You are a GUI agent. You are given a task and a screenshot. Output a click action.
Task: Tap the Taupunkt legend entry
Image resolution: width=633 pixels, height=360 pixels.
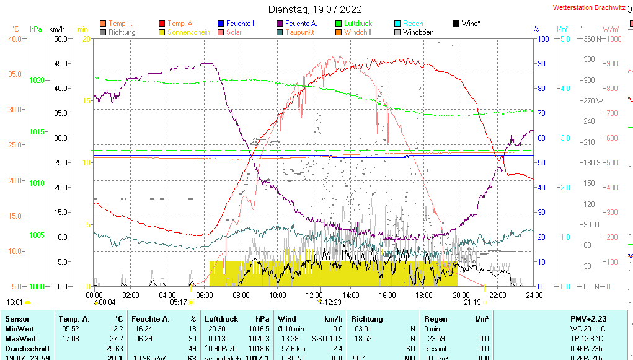pos(299,32)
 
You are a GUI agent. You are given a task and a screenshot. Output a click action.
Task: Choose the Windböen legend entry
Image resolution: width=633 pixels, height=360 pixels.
pos(418,32)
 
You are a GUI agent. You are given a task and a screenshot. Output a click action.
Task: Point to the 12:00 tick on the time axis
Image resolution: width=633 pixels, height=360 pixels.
pos(314,295)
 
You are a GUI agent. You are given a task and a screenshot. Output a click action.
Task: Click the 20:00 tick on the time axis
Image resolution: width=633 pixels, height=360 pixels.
pos(461,295)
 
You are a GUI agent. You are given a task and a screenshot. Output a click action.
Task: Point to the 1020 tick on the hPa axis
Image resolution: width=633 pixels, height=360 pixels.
pos(37,81)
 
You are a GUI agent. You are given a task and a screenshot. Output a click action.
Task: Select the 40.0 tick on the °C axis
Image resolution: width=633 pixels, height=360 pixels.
pos(14,39)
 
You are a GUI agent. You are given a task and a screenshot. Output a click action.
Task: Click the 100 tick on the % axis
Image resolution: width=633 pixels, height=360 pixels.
pos(542,39)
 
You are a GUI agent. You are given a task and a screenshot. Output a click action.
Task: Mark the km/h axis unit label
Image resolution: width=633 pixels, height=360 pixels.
pos(56,29)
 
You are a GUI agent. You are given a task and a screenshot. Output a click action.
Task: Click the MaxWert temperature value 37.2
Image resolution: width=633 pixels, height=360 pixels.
pos(116,339)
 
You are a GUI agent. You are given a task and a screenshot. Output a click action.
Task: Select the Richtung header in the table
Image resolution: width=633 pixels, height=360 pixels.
pos(366,319)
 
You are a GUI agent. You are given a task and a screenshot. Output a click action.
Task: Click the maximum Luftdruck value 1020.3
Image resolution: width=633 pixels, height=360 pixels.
pos(259,339)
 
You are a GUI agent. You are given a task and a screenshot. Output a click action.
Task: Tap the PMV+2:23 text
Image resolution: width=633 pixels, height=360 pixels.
pos(588,319)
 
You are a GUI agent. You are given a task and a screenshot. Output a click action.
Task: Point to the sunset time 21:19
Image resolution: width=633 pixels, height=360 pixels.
pos(472,302)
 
